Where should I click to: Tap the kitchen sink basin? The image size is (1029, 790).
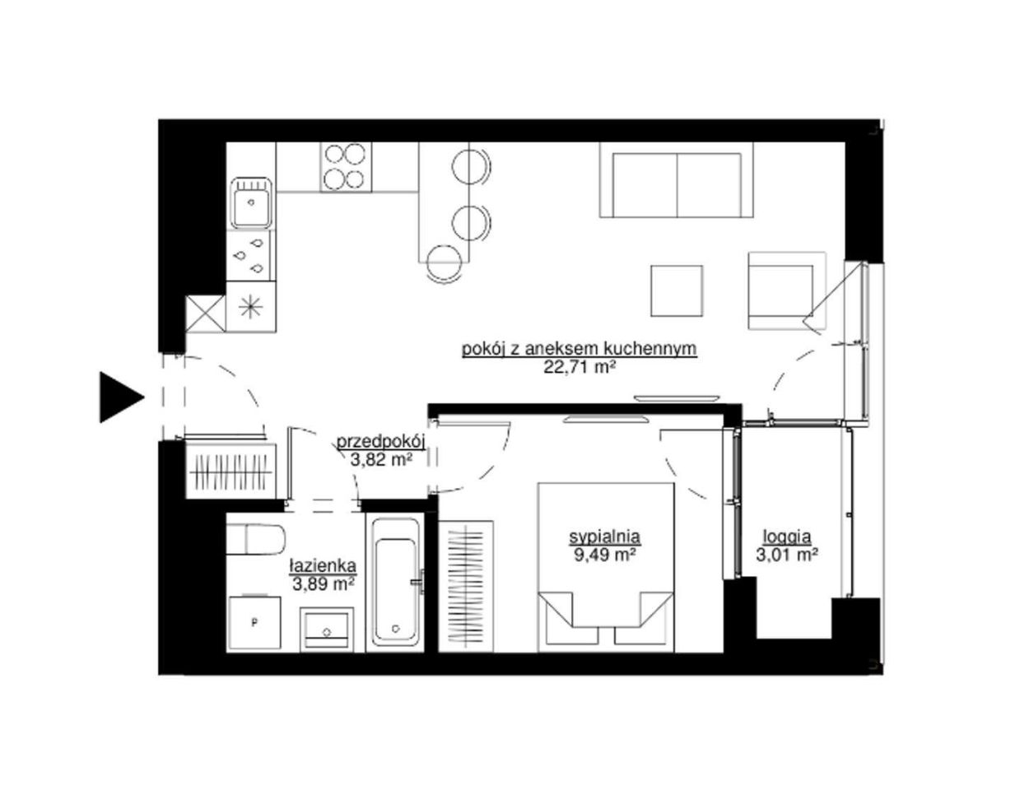251,203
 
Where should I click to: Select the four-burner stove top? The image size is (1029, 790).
345,166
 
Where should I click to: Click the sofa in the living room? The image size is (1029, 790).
676,180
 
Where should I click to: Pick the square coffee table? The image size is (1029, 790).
676,290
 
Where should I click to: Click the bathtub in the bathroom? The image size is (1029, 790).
396,583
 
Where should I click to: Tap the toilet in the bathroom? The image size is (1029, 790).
256,539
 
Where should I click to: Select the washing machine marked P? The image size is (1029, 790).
254,622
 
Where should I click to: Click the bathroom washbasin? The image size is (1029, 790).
327,628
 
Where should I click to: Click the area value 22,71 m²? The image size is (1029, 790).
580,367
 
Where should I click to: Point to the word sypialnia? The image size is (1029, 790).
605,537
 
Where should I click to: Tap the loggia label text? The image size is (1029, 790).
786,537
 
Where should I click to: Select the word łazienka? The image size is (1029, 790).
323,565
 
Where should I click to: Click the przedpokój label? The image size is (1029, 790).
380,441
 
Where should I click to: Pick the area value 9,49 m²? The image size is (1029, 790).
605,555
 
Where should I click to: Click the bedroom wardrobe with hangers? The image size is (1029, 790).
467,586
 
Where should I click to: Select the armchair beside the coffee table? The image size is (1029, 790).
787,290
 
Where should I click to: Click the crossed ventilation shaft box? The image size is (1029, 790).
205,313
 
